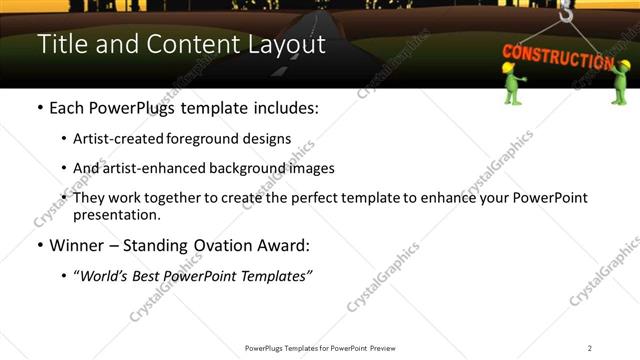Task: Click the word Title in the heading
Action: [59, 45]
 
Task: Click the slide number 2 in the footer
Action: [590, 348]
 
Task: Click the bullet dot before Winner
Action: [40, 245]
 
